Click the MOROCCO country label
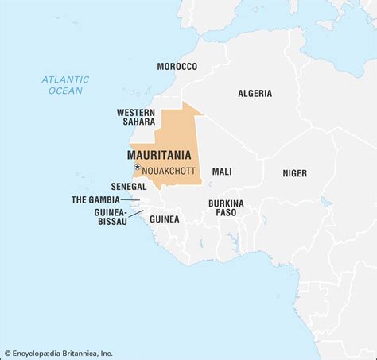coord(177,66)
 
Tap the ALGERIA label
coord(255,94)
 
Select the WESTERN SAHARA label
coord(136,118)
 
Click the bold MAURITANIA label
coord(158,156)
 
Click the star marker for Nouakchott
coord(137,167)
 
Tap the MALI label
coord(222,172)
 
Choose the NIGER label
coord(294,172)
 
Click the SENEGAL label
coord(128,186)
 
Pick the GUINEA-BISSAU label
coord(109,219)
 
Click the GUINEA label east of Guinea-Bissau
coord(165,219)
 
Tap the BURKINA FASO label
coord(226,208)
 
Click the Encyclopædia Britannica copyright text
coord(59,353)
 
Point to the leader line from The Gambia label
coord(131,200)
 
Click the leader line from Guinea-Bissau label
coord(136,214)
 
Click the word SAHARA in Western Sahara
coord(136,123)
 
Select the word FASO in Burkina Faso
coord(226,214)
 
